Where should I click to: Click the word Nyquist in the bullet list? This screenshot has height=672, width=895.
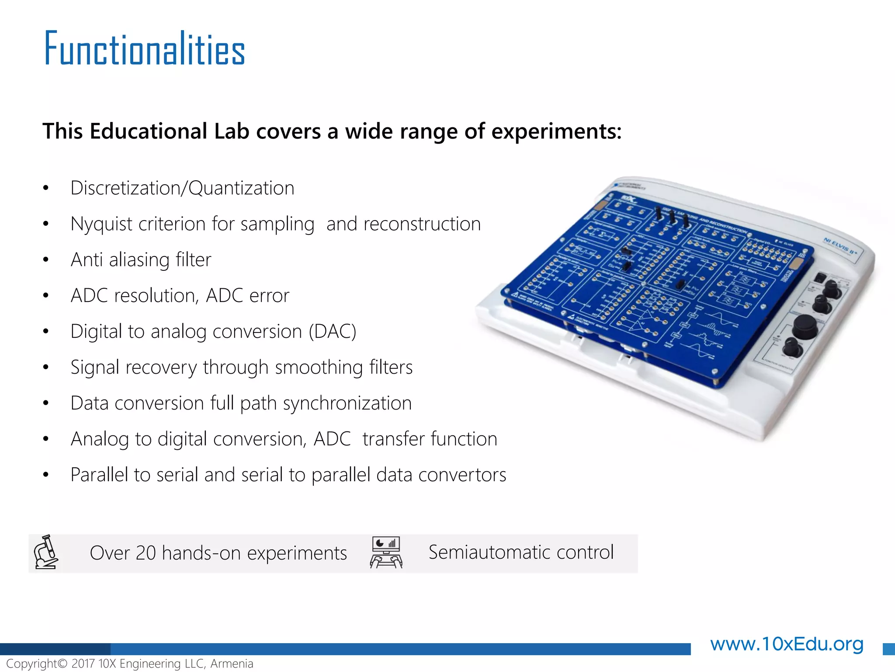point(101,224)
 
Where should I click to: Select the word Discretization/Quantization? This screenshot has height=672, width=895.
point(182,189)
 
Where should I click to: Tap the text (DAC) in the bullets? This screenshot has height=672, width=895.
point(333,332)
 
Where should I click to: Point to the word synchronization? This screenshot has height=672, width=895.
point(347,403)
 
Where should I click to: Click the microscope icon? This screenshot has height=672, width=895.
point(46,552)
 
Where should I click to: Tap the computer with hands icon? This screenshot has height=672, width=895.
point(386,553)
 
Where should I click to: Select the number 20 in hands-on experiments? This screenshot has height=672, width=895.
point(146,553)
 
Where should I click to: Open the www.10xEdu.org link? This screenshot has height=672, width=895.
point(787,644)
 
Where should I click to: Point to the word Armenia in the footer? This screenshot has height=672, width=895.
point(232,664)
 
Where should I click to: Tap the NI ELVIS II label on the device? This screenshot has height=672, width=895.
point(840,246)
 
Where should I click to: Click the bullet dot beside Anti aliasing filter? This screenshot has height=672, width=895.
point(46,260)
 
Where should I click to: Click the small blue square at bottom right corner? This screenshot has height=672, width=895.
point(888,649)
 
